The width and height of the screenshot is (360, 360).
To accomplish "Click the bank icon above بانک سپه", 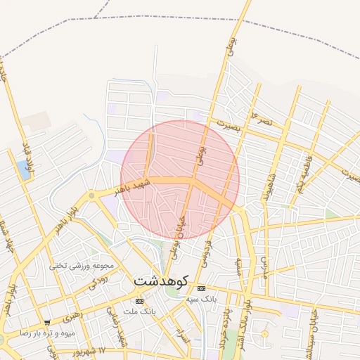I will coord(202,289).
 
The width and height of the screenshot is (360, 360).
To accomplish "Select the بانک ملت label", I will coord(137,311).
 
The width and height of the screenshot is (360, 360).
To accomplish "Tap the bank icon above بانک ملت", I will coord(139,301).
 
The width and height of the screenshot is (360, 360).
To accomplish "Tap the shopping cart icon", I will coord(46,322).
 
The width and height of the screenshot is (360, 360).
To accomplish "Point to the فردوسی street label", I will coord(206,254).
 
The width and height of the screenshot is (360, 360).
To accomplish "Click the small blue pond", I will coord(26,168).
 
